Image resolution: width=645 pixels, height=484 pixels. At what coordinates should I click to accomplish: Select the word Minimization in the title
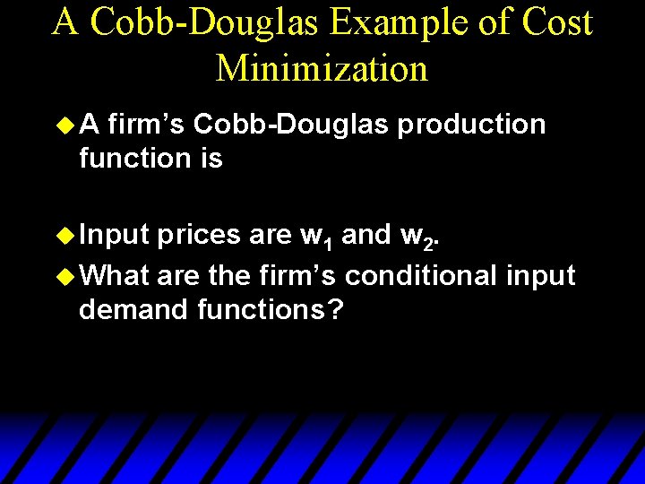(322, 67)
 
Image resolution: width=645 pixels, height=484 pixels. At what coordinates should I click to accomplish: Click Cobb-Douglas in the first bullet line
(291, 124)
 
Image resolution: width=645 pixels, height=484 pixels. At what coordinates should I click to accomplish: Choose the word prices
(199, 235)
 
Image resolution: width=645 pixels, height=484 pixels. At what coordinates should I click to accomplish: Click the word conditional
(421, 274)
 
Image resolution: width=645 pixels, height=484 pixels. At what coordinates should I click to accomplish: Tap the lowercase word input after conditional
(541, 276)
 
